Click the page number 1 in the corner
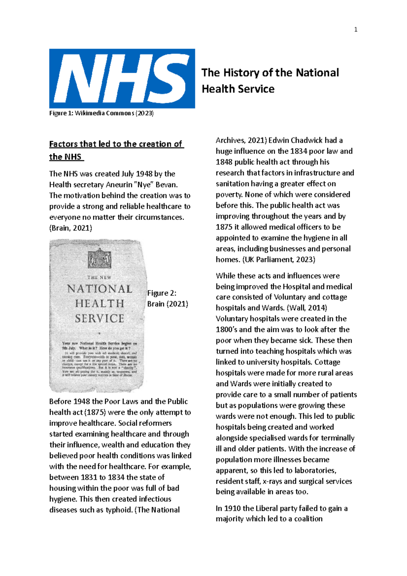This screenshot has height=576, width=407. [x=355, y=30]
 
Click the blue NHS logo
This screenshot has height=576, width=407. [x=122, y=79]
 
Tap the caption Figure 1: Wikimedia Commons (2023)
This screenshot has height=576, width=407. [x=101, y=113]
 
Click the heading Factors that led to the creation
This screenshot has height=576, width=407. [x=116, y=144]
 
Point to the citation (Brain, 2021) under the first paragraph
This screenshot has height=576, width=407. [x=71, y=228]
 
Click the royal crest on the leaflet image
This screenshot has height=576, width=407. [x=99, y=258]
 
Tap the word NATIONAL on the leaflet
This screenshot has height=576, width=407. [x=100, y=289]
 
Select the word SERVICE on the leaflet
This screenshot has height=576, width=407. [x=100, y=319]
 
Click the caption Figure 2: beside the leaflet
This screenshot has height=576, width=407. [x=162, y=293]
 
